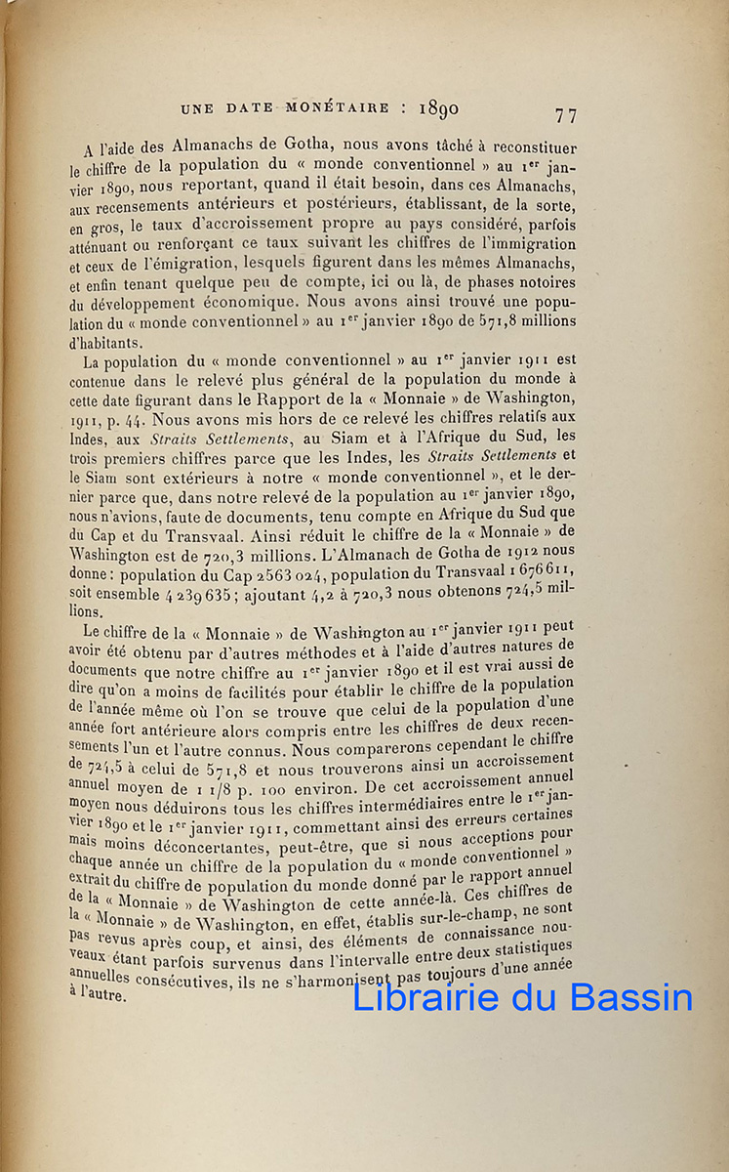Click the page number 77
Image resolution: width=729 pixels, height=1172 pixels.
(x=566, y=115)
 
